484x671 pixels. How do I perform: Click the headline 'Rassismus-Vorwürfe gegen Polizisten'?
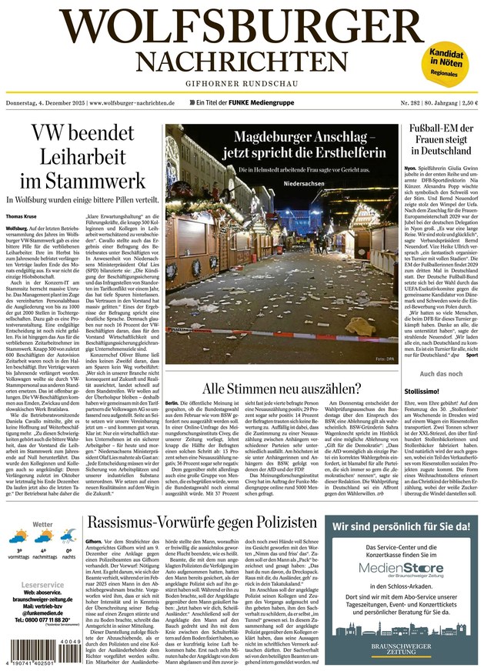(202, 524)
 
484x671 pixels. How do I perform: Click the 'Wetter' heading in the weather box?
(42, 525)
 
